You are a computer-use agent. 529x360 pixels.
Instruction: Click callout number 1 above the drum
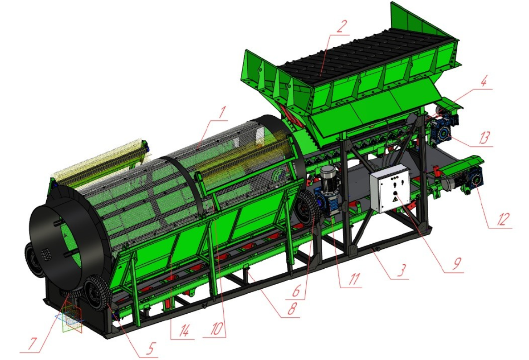point(222,113)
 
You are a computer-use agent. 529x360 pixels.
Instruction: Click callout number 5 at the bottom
point(150,348)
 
